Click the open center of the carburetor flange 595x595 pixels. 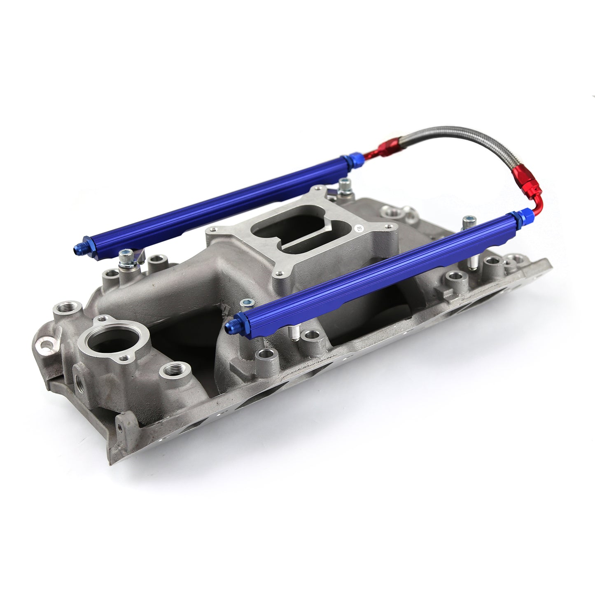pyautogui.click(x=288, y=231)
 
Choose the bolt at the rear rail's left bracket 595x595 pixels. pyautogui.click(x=125, y=259)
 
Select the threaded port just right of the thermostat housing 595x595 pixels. pyautogui.click(x=173, y=370)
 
